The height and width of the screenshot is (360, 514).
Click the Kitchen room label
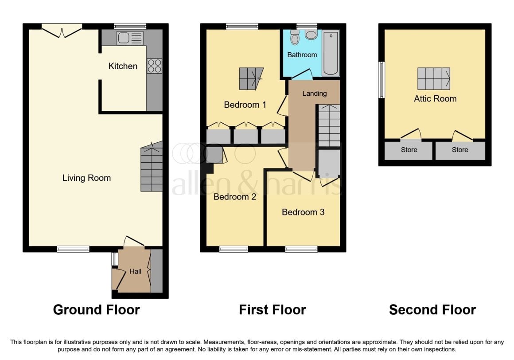[123, 66]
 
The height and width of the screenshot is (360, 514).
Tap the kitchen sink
[130, 38]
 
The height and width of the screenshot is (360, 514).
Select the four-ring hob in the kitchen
[154, 66]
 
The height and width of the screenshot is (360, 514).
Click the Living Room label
[86, 178]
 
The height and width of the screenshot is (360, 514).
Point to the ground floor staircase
[152, 167]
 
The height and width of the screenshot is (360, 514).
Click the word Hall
[136, 271]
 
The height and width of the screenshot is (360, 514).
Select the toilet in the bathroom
[295, 37]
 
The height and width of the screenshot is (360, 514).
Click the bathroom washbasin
[311, 35]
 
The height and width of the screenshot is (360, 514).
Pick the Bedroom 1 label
[245, 105]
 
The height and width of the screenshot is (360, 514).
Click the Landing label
[314, 94]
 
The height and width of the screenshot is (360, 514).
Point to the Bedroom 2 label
[234, 197]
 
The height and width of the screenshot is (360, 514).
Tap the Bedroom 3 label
[303, 212]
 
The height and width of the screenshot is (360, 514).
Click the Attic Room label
[435, 99]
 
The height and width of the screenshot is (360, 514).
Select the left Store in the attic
[409, 150]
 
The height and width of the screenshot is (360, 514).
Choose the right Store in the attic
[460, 150]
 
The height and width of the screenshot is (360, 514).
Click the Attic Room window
[382, 80]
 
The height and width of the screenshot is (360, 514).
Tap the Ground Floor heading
[97, 310]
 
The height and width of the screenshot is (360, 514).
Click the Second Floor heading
[432, 310]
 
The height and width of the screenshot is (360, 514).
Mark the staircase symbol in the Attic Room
[434, 78]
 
